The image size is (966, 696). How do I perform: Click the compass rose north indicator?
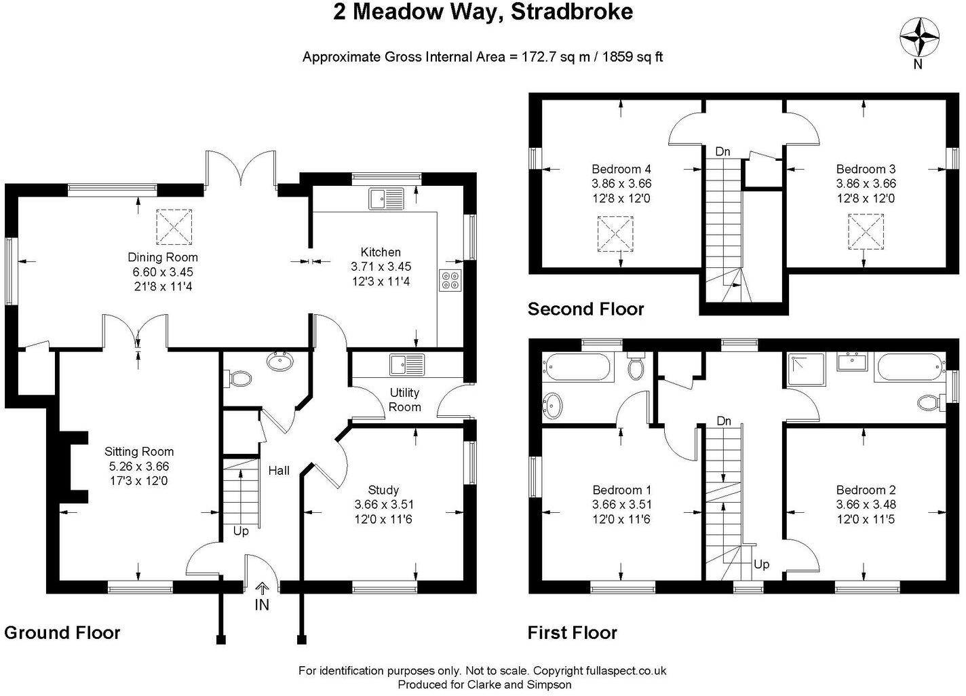point(919,37)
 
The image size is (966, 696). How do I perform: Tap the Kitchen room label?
point(380,252)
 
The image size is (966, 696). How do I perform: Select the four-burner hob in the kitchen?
point(449,280)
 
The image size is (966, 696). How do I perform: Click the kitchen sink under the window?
point(386,198)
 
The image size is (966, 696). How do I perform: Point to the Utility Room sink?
point(406,364)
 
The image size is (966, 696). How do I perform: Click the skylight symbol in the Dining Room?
point(175,227)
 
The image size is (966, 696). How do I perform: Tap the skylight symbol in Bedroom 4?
point(615,234)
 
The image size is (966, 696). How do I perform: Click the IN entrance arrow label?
point(262,604)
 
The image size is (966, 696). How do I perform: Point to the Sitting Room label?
point(139,452)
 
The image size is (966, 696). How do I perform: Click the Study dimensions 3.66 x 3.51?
point(384,505)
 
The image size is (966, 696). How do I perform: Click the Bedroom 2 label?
point(866,490)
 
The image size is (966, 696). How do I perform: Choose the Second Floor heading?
point(585,309)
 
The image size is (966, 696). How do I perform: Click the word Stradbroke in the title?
point(571,12)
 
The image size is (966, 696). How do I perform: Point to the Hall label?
point(279,470)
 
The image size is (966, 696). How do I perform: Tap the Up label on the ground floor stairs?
point(241,531)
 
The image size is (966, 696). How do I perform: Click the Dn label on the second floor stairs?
point(723,151)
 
